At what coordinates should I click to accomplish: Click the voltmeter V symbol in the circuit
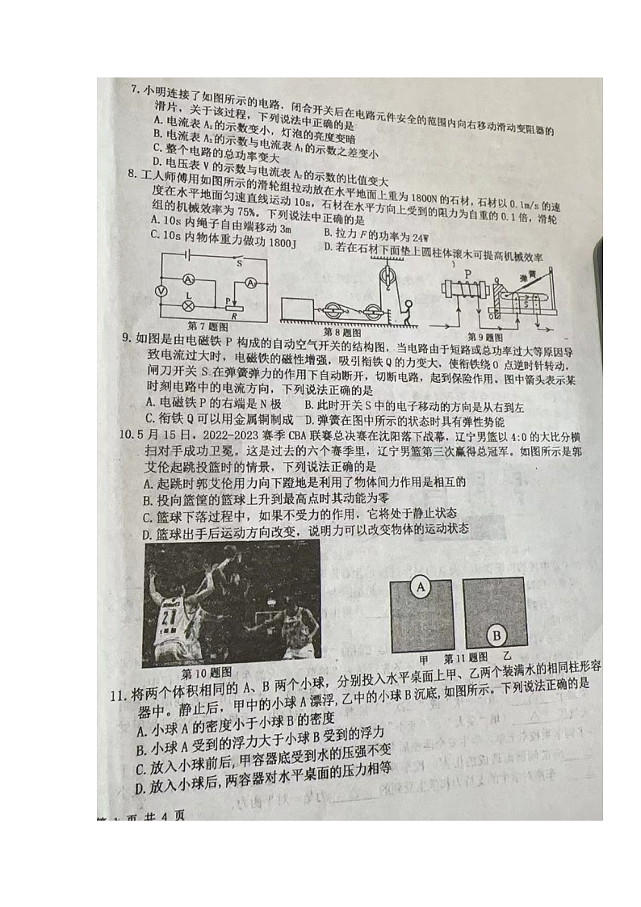coord(161,291)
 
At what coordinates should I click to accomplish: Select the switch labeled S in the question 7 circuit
coord(238,262)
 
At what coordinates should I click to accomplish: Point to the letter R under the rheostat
coord(233,317)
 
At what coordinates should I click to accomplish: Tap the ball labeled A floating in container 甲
coord(420,587)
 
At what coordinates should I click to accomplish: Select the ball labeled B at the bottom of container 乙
coord(497,634)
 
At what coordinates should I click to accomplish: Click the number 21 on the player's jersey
coord(167,618)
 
